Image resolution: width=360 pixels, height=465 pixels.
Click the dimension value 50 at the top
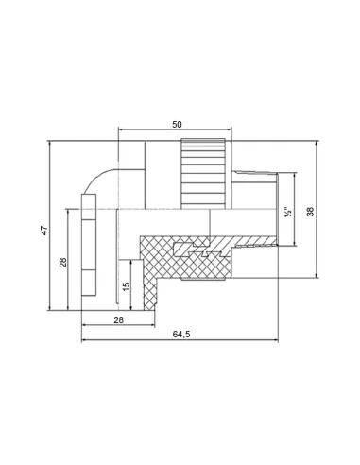point(177,125)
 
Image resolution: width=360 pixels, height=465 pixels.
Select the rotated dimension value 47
point(44,231)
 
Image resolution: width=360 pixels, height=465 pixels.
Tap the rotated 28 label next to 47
point(63,263)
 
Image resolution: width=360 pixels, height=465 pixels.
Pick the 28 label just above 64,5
point(118,320)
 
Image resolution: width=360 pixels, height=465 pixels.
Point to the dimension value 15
point(126,286)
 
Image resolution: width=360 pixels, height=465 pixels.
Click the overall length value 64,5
point(181,335)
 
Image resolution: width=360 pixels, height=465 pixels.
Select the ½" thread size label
point(288,212)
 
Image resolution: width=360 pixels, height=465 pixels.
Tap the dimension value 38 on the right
point(310,212)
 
